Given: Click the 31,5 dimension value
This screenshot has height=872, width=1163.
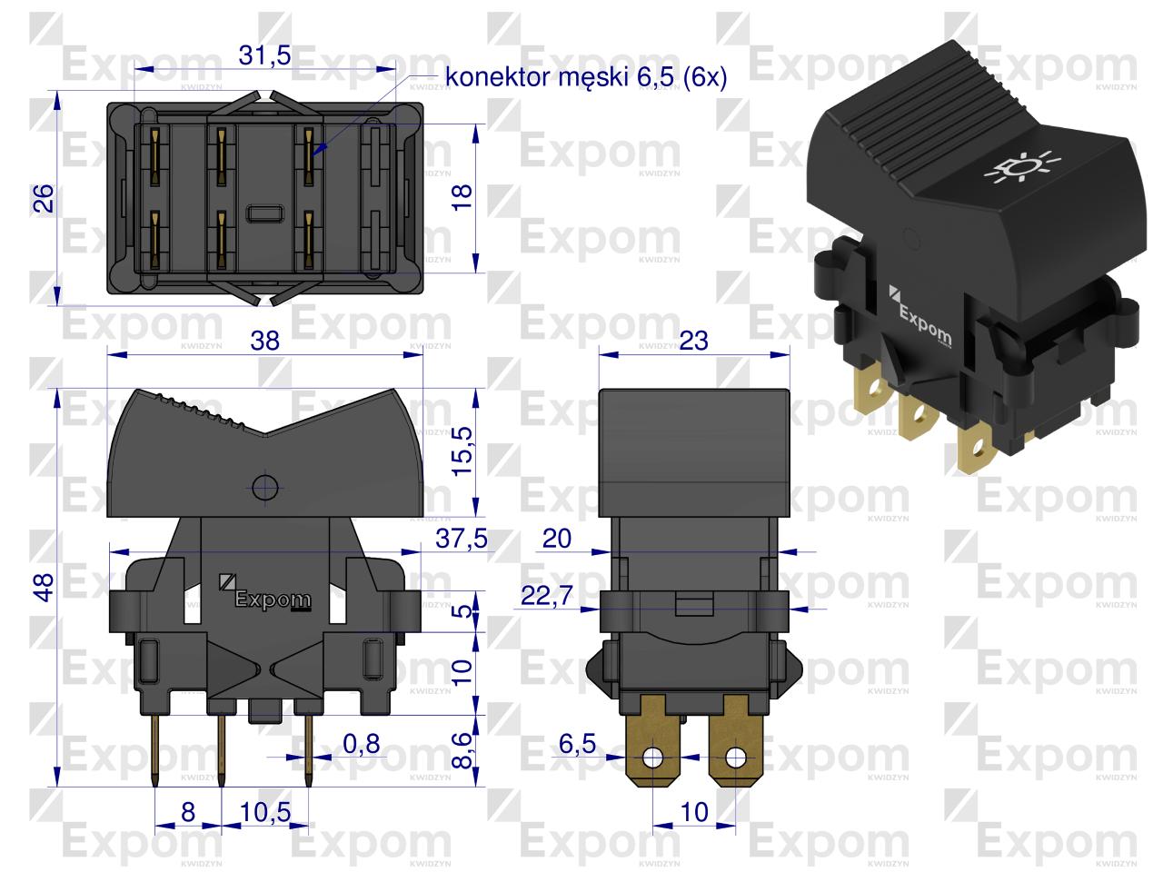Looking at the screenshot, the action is [x=264, y=55].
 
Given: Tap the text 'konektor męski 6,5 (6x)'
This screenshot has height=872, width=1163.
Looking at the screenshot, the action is [x=586, y=78].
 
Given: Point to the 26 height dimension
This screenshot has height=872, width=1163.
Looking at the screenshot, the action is [x=44, y=199].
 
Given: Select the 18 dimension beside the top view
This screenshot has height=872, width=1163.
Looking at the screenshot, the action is [x=462, y=197].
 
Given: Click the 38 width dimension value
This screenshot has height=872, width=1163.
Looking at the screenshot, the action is [x=265, y=341].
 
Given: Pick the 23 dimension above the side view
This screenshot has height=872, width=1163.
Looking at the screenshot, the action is [x=693, y=341].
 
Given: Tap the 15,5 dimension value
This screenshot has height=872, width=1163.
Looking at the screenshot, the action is [x=462, y=451].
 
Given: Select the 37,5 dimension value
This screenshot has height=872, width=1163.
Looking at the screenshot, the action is [x=461, y=539].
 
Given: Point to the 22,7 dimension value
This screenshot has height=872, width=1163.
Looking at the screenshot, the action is [x=547, y=596].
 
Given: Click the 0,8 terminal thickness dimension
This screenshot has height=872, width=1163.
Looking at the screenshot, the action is [x=362, y=744].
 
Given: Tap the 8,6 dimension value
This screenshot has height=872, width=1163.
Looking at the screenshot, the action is [x=462, y=750].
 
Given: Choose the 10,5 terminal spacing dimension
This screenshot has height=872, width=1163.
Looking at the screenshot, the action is [x=265, y=812].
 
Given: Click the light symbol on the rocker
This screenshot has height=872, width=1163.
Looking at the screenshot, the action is [x=1022, y=167].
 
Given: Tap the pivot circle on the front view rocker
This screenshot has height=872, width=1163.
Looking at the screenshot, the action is [x=265, y=487].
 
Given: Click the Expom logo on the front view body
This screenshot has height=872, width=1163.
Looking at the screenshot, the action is [x=265, y=594].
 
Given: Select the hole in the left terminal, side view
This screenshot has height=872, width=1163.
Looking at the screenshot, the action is [x=652, y=758].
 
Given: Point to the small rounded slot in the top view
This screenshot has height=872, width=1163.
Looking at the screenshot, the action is [x=265, y=213].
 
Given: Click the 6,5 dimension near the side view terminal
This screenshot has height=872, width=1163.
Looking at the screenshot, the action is [x=577, y=744].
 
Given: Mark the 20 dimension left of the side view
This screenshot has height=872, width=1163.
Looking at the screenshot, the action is [x=557, y=539].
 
